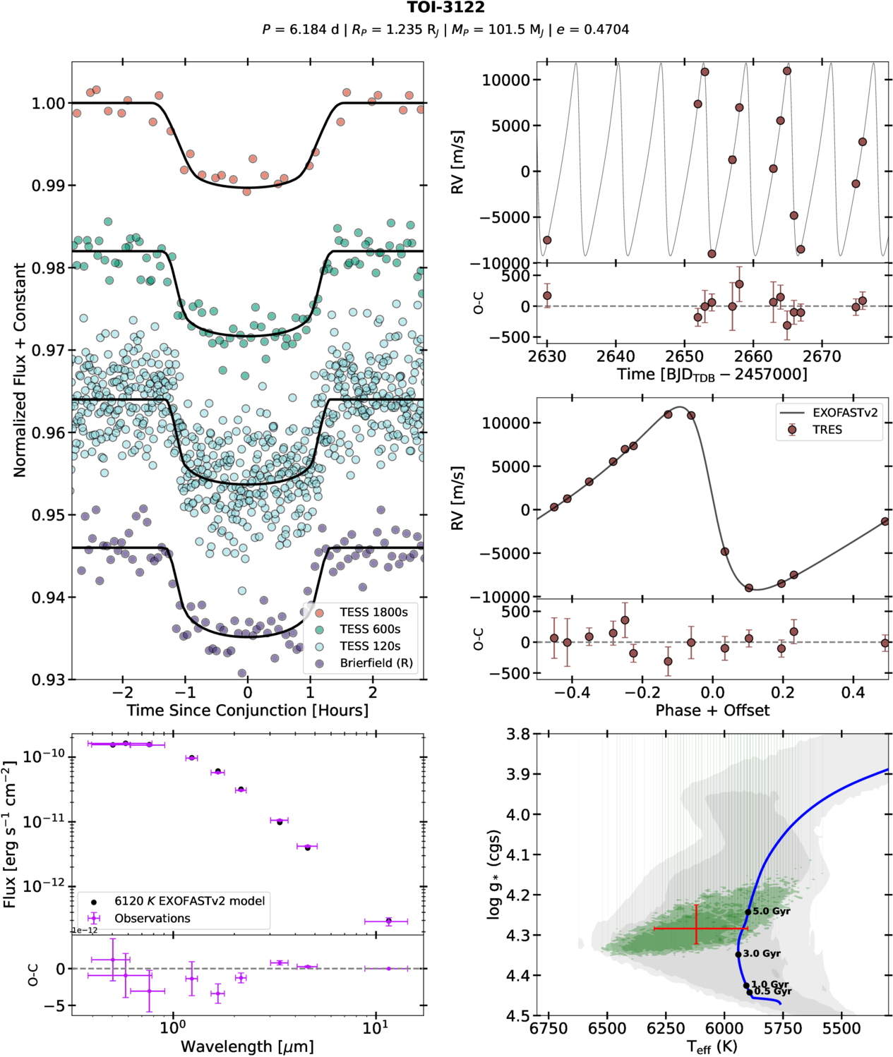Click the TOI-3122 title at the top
coord(445,8)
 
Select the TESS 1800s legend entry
coord(373,612)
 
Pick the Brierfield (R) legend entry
coord(376,663)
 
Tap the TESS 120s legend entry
coord(369,646)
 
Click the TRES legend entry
coord(827,430)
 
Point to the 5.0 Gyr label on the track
coord(771,911)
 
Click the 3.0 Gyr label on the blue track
coord(761,953)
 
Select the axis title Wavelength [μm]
coord(247,1046)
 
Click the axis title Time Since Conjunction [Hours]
coord(247,710)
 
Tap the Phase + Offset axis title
coord(712,710)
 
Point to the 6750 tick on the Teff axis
coord(549,1029)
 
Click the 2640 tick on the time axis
coord(616,356)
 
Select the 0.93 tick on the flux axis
coord(48,679)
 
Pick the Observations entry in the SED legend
coord(152,918)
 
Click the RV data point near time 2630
coord(546,241)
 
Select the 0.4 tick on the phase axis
coord(853,692)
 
